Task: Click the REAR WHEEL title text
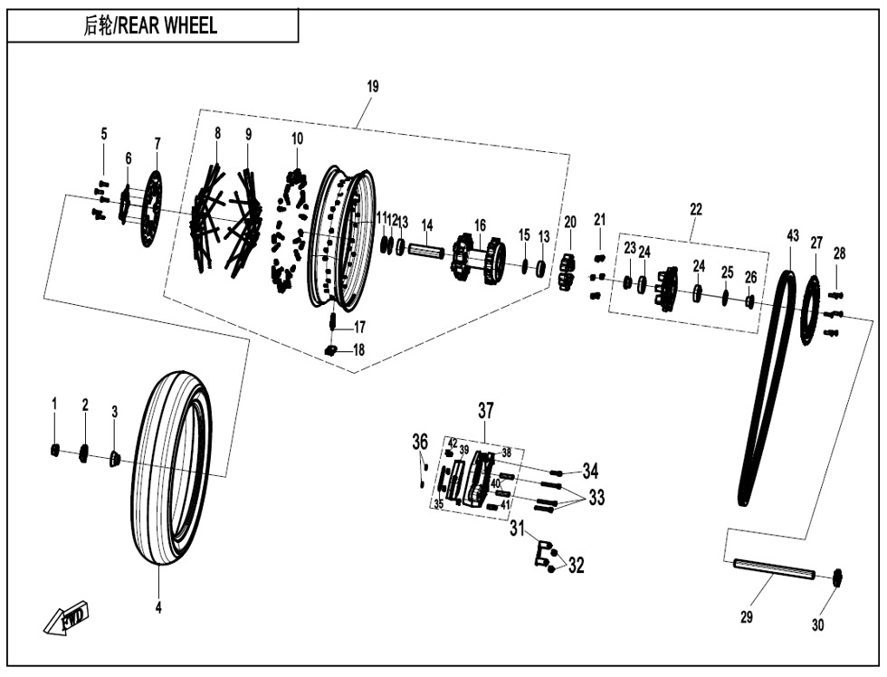point(150,26)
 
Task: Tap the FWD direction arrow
point(66,618)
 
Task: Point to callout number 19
point(373,87)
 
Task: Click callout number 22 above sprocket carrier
point(695,209)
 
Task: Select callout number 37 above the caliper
point(486,411)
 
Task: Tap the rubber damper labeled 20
point(568,272)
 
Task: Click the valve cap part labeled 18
point(331,350)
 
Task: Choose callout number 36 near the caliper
point(420,442)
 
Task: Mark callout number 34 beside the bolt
point(590,471)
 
